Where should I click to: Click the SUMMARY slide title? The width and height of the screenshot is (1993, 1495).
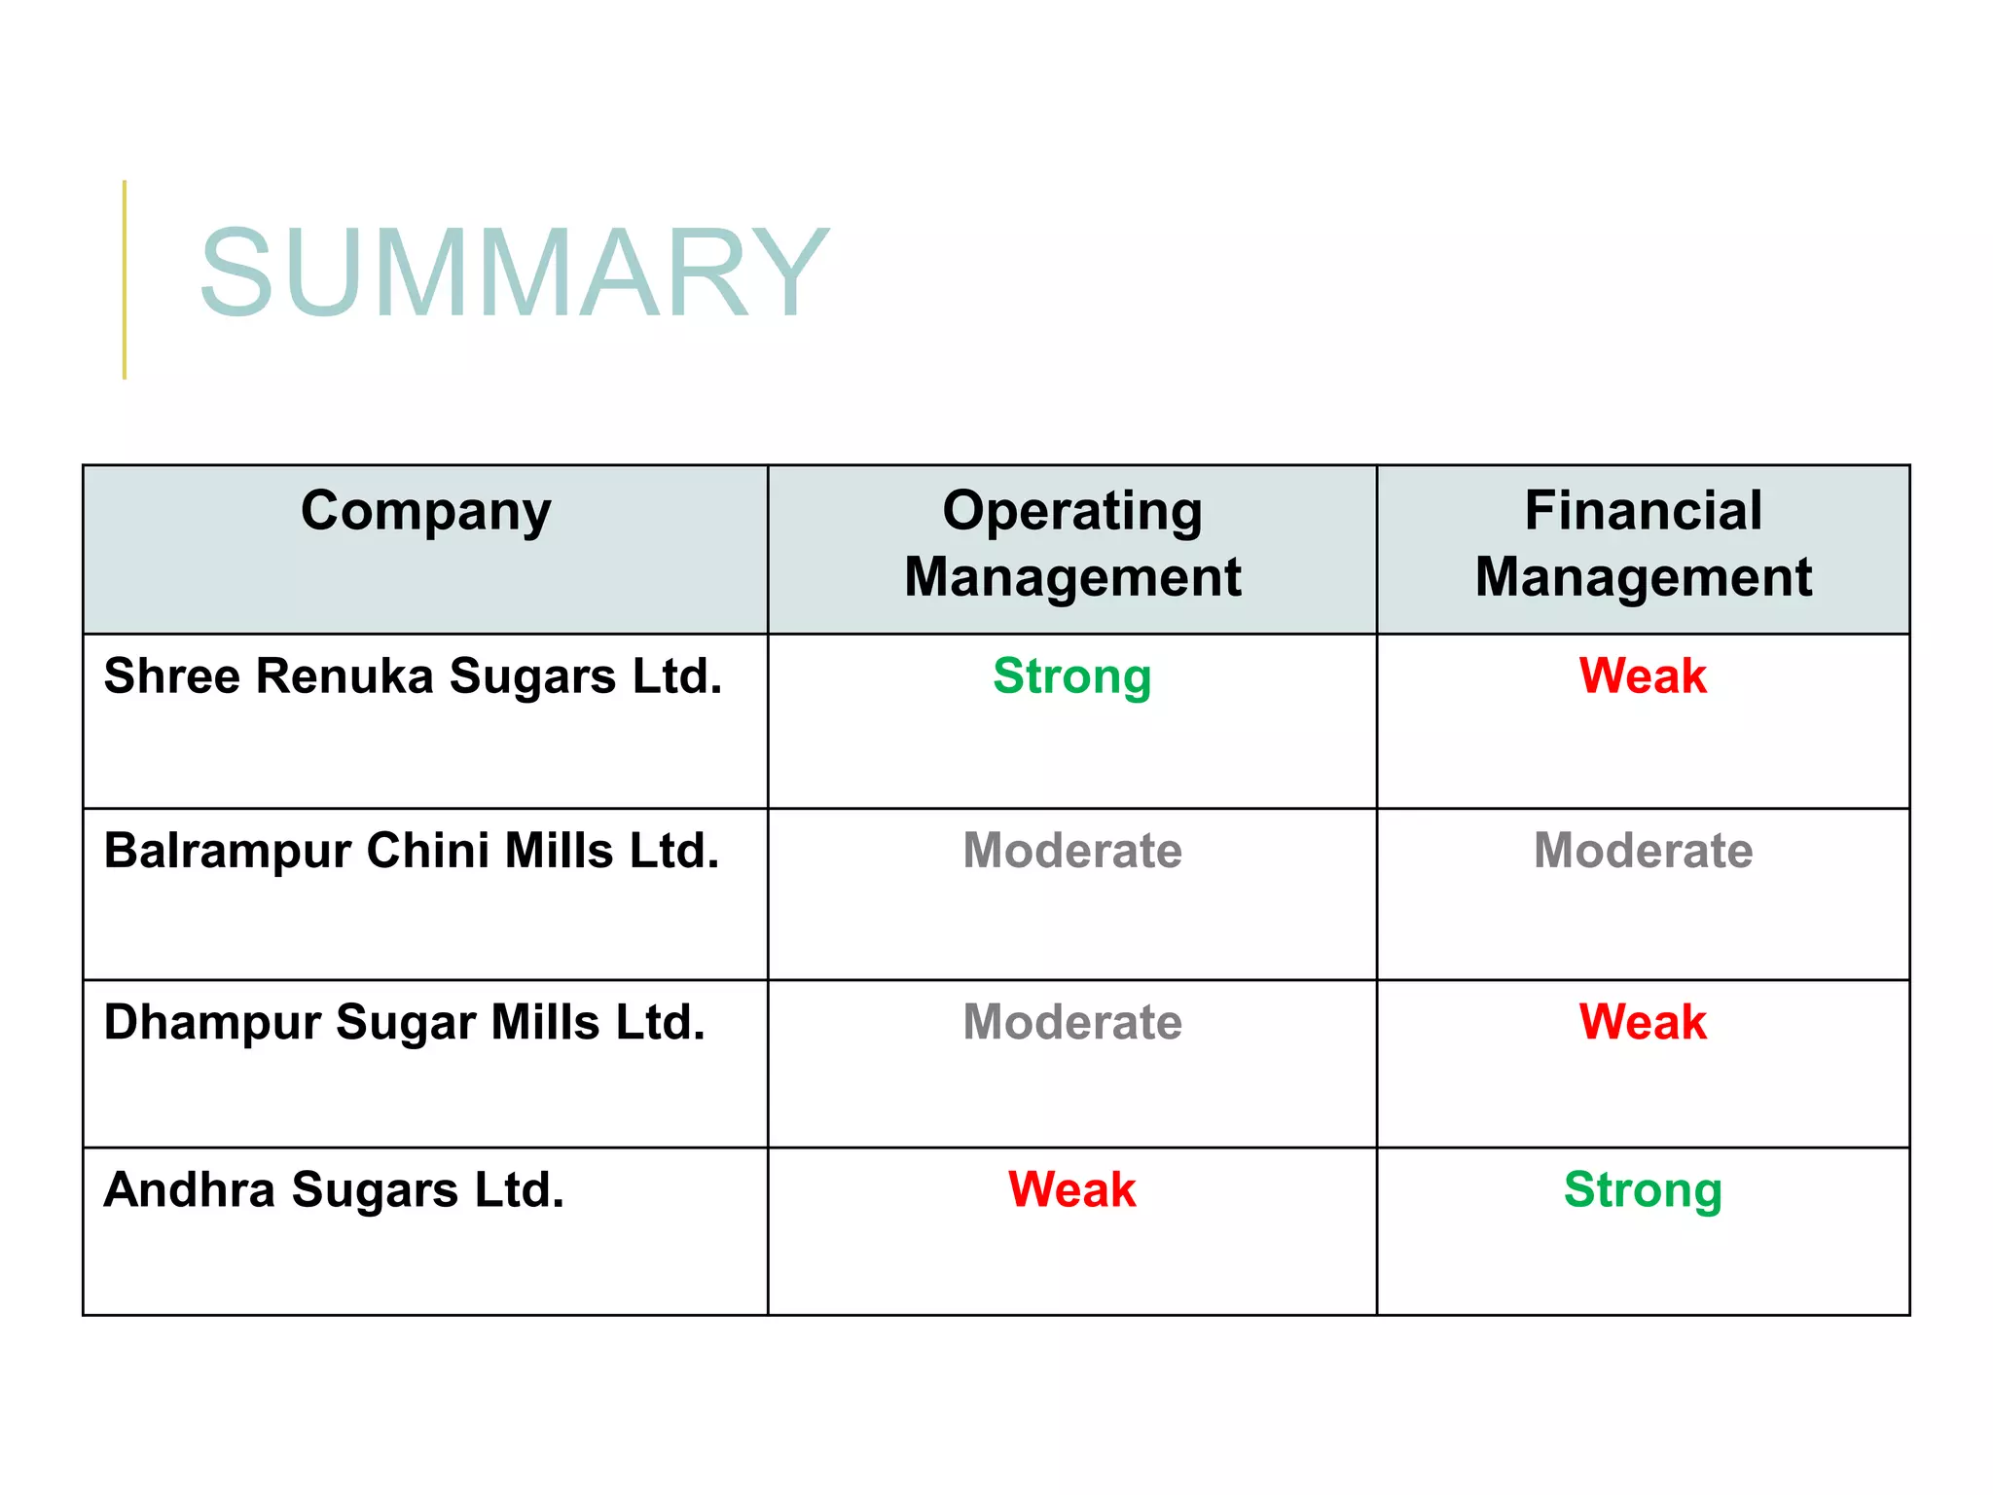click(x=514, y=273)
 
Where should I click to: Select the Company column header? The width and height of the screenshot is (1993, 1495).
click(x=425, y=511)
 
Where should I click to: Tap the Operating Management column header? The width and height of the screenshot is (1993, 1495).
click(x=1072, y=543)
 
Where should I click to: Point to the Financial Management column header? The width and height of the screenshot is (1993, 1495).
click(x=1643, y=543)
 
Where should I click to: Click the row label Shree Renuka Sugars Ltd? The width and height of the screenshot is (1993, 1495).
click(x=413, y=675)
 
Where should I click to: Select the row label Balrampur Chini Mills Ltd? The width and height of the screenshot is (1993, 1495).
click(x=412, y=851)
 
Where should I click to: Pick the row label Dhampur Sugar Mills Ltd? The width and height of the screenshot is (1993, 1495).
click(x=404, y=1023)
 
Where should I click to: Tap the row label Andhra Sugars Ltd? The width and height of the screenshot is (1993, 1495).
click(x=334, y=1189)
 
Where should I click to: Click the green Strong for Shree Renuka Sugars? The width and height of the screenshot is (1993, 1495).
click(x=1071, y=676)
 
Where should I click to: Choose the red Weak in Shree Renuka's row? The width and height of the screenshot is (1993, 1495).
click(x=1643, y=675)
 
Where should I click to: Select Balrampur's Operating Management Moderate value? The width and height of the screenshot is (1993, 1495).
click(x=1072, y=851)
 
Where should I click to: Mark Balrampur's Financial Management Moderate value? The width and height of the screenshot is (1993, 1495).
click(x=1643, y=851)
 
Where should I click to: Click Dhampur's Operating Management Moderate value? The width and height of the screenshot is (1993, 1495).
click(x=1072, y=1023)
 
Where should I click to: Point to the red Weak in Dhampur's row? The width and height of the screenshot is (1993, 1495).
click(x=1643, y=1023)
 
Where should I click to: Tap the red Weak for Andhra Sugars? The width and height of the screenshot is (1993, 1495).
click(x=1071, y=1189)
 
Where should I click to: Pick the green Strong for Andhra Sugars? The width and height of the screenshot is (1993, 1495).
click(x=1643, y=1190)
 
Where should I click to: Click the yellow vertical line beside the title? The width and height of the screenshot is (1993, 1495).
click(x=125, y=279)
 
